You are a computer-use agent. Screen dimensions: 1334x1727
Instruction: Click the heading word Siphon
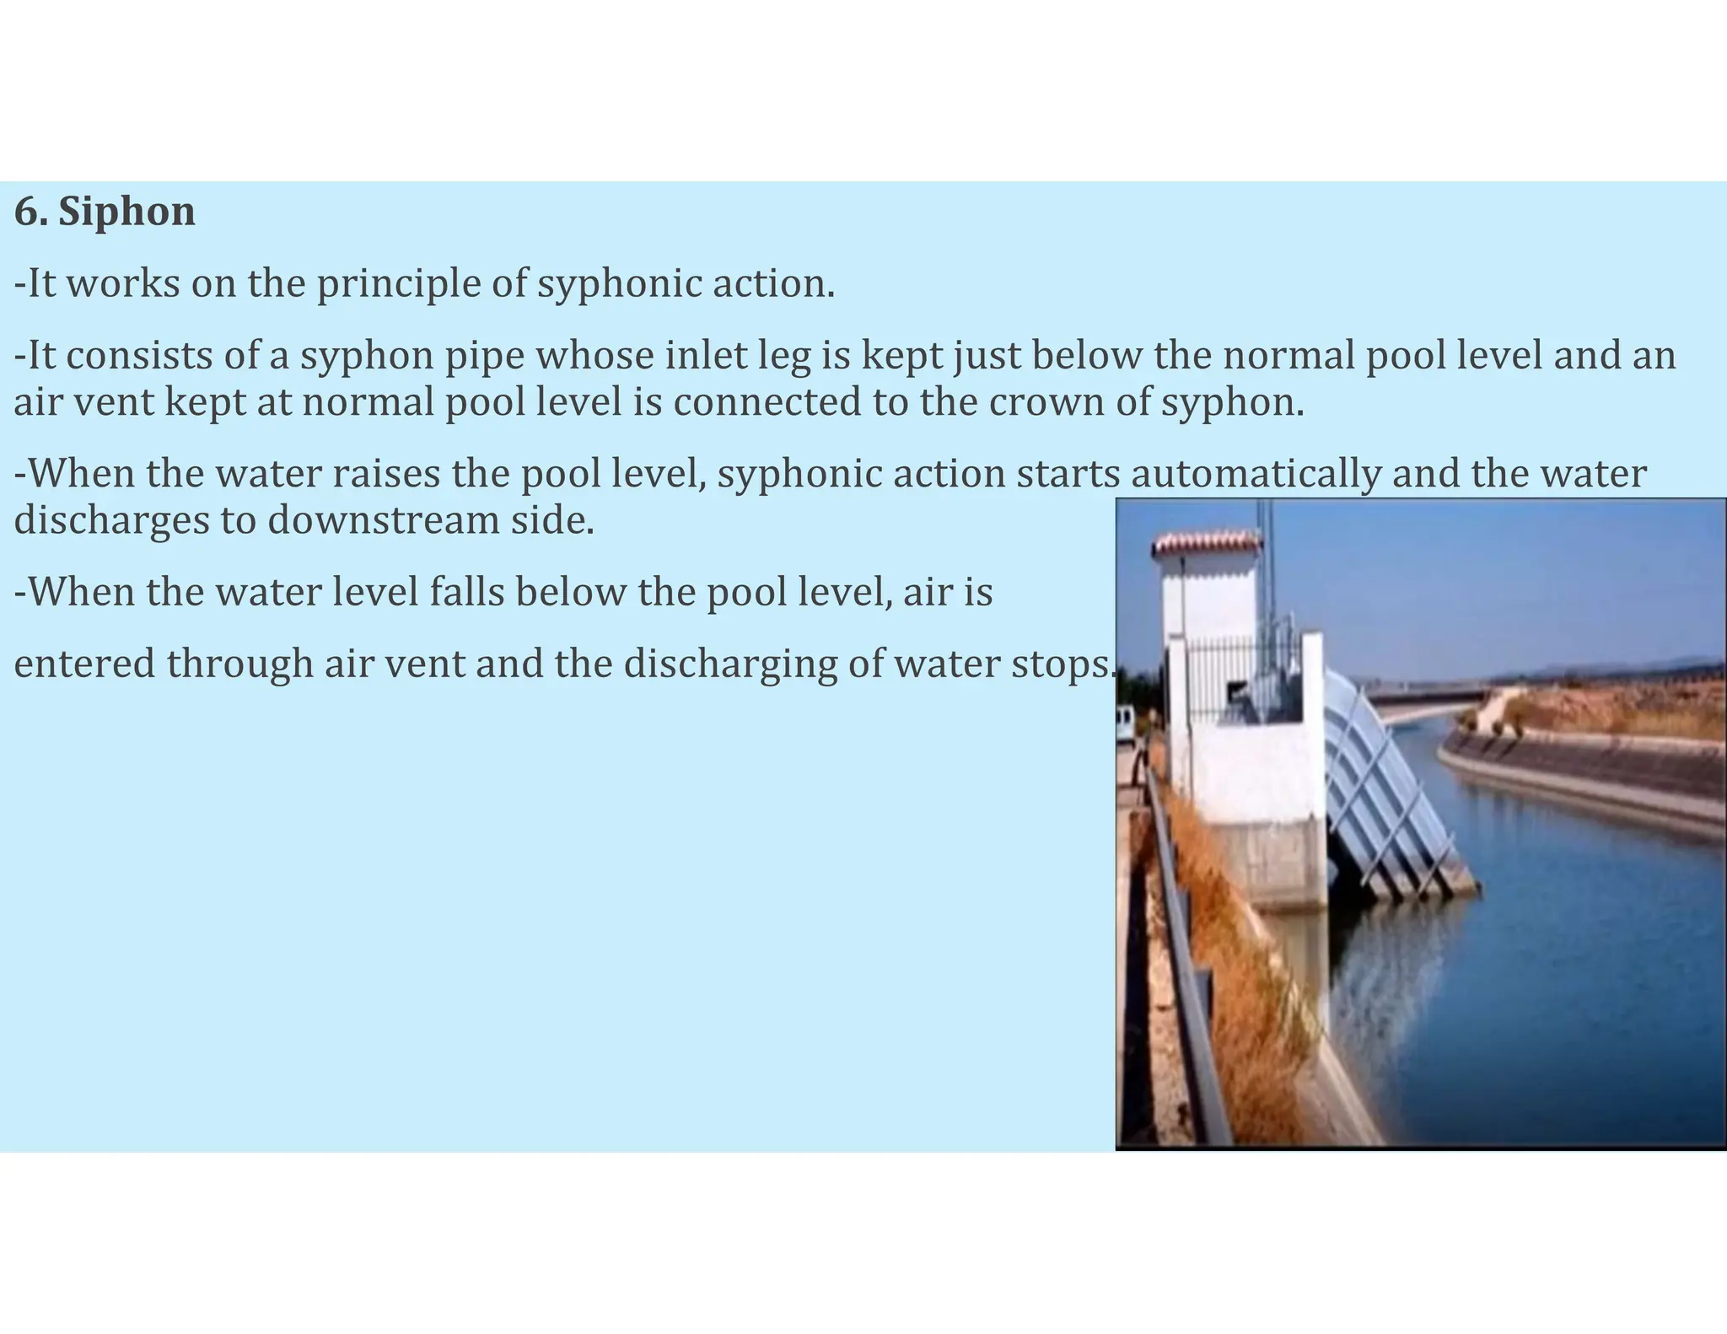[126, 212]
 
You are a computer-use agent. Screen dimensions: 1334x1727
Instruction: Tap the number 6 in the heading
[25, 212]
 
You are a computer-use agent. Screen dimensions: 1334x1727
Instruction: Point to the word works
[123, 284]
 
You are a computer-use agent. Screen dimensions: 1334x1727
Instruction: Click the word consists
[139, 356]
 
